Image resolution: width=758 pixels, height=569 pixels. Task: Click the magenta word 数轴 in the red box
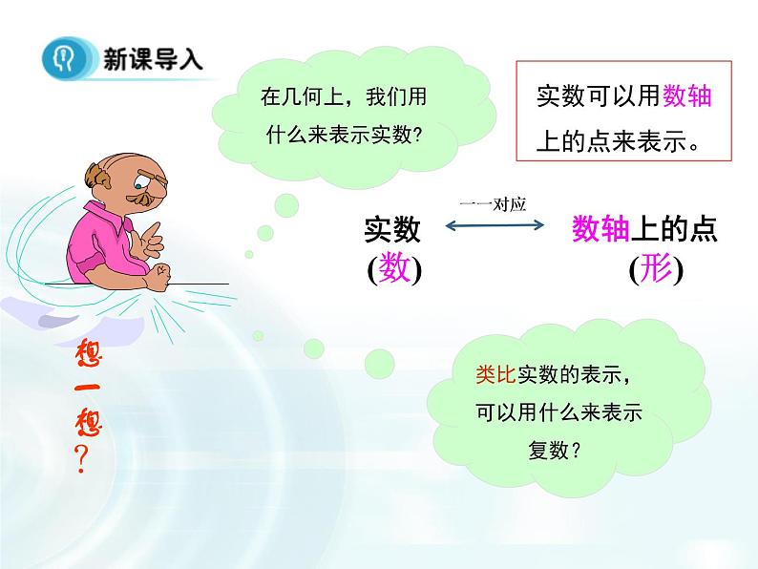click(687, 96)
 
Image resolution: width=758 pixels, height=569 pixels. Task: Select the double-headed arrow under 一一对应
click(495, 226)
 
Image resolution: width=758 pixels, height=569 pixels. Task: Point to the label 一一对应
click(494, 202)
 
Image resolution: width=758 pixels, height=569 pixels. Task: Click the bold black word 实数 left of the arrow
click(391, 229)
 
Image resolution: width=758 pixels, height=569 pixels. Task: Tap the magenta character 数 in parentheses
click(394, 269)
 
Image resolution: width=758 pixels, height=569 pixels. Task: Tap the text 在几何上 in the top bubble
click(296, 96)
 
